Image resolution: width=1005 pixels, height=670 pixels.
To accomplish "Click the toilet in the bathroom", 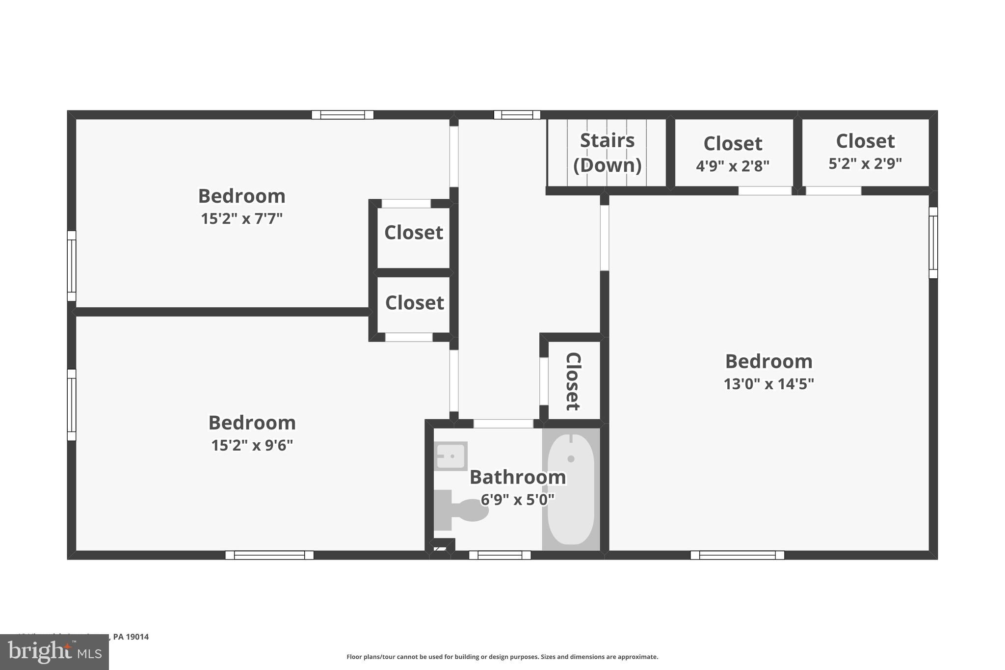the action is click(x=461, y=510).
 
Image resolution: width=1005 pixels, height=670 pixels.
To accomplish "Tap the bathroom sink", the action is click(x=450, y=456).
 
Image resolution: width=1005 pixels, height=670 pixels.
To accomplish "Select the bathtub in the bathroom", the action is click(x=571, y=489).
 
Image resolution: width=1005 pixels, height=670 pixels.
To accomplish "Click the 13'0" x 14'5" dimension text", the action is click(x=768, y=384).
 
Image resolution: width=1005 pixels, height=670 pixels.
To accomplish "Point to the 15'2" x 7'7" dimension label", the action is click(x=241, y=218).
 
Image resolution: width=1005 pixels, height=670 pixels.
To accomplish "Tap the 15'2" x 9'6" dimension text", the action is click(x=252, y=445).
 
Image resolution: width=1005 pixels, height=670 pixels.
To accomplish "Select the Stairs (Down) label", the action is click(x=608, y=153).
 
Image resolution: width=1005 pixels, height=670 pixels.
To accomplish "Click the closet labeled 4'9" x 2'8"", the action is click(x=733, y=154).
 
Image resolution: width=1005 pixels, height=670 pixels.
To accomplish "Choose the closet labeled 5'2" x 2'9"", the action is click(x=865, y=152).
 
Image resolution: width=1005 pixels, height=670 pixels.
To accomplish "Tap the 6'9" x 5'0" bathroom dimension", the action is click(x=517, y=500).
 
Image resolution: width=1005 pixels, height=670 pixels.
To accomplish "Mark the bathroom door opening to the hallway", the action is click(x=503, y=424).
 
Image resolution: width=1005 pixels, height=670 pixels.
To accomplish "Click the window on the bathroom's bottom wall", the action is click(x=500, y=555).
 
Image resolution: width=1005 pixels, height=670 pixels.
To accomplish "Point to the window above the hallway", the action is click(x=517, y=115).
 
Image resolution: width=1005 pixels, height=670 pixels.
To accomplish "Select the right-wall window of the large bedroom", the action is click(x=933, y=242).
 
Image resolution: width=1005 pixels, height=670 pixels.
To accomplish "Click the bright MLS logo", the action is click(x=54, y=652).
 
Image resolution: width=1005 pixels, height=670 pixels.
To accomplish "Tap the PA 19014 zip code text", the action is click(x=131, y=637).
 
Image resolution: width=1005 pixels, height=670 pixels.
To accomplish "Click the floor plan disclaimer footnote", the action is click(x=502, y=657).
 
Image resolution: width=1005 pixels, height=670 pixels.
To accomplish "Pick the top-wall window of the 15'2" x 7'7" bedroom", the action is click(x=343, y=115).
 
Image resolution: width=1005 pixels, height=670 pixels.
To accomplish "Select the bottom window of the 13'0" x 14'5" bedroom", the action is click(x=737, y=555).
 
